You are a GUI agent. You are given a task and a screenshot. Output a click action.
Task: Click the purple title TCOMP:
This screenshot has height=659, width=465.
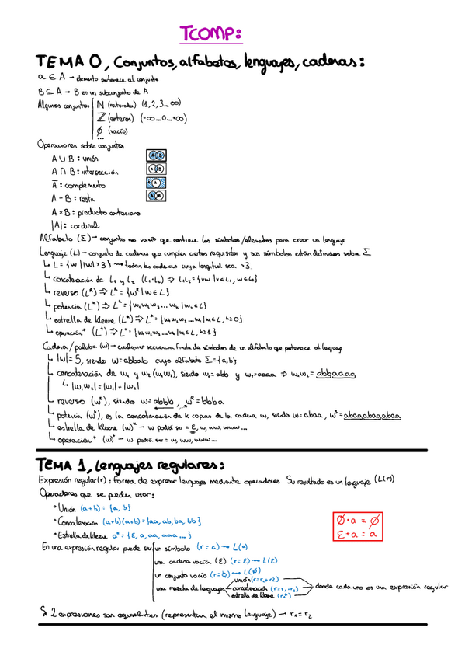tap(212, 33)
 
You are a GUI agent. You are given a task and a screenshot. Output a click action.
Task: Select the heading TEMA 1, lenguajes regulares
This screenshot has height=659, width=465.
tap(132, 465)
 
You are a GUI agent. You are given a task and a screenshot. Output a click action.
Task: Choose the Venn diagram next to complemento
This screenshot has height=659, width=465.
tap(154, 183)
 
